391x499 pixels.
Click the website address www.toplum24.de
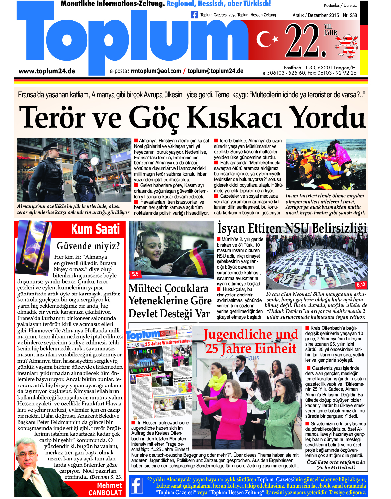(47, 71)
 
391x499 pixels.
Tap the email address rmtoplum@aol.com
(156, 71)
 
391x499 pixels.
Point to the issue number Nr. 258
(350, 15)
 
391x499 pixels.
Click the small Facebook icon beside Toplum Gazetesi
(194, 15)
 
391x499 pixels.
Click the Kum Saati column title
(95, 229)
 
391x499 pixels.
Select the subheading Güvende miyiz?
(88, 246)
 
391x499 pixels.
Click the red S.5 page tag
(135, 274)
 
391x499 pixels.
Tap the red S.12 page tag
(361, 284)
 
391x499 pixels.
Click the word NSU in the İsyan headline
(297, 228)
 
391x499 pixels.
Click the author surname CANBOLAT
(105, 493)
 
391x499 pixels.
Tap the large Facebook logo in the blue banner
(137, 486)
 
